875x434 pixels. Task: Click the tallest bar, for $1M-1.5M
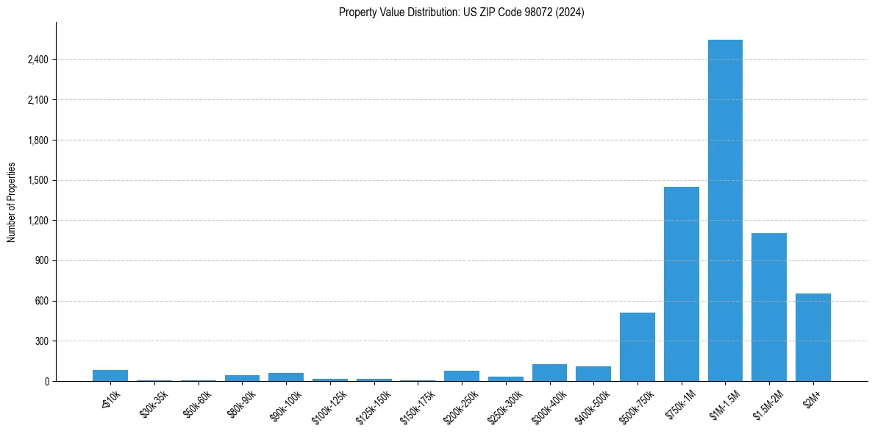point(725,210)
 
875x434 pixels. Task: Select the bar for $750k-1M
point(681,284)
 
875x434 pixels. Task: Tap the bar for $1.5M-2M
point(769,307)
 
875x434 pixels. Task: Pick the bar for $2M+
point(813,337)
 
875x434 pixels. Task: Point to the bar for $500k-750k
point(637,346)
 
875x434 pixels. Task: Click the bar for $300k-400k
point(549,372)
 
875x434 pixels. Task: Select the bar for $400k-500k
point(593,374)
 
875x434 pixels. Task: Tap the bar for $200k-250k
point(462,376)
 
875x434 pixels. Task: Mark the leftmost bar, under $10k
point(110,375)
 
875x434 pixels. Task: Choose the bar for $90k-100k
point(286,377)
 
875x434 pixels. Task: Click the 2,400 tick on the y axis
point(37,60)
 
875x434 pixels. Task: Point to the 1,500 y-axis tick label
point(37,180)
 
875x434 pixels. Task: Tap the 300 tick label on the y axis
point(41,341)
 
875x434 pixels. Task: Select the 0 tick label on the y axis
point(46,381)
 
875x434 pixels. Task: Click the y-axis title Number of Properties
point(11,202)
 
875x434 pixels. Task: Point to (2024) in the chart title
point(570,13)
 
